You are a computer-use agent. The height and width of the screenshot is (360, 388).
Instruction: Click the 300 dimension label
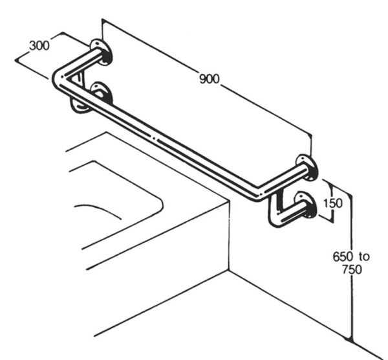point(39,46)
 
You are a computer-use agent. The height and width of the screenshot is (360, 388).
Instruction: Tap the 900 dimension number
point(210,79)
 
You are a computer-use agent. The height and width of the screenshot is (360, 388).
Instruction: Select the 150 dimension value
point(333,203)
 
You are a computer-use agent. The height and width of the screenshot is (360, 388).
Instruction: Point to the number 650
point(343,256)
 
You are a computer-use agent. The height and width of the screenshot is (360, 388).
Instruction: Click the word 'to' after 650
point(364,257)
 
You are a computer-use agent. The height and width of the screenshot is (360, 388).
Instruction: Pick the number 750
point(352,269)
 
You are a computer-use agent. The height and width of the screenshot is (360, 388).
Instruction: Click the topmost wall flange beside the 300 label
point(100,52)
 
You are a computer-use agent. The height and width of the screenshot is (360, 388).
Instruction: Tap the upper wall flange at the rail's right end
point(307,168)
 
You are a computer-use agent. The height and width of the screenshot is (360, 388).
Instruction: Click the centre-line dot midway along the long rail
point(155,139)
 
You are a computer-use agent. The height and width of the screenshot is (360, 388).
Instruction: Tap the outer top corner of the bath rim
point(228,203)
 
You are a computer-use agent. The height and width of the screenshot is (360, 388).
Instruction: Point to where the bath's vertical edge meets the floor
point(229,271)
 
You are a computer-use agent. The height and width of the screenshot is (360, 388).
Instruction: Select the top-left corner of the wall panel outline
point(102,19)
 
